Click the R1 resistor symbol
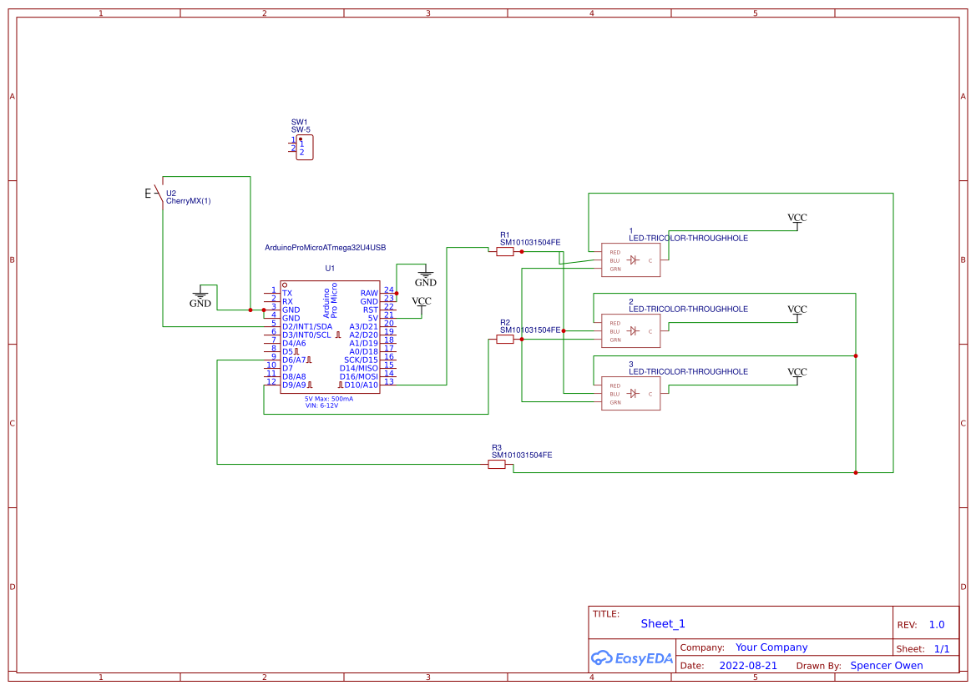coord(504,251)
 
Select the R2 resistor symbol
coord(504,340)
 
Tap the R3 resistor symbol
coord(497,464)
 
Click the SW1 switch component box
coord(304,149)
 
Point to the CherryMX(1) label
coord(189,201)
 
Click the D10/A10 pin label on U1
coord(361,385)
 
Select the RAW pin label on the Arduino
coord(369,293)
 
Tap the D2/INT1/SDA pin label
coord(306,326)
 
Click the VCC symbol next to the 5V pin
coord(422,302)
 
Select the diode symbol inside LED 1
coord(633,260)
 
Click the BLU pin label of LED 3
coord(614,394)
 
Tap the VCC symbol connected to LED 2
coord(797,310)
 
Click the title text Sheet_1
coord(663,623)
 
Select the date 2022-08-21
coord(748,666)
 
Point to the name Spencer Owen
coord(887,666)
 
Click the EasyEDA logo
coord(632,657)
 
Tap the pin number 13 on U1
coord(388,382)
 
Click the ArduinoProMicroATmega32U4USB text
coord(325,248)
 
